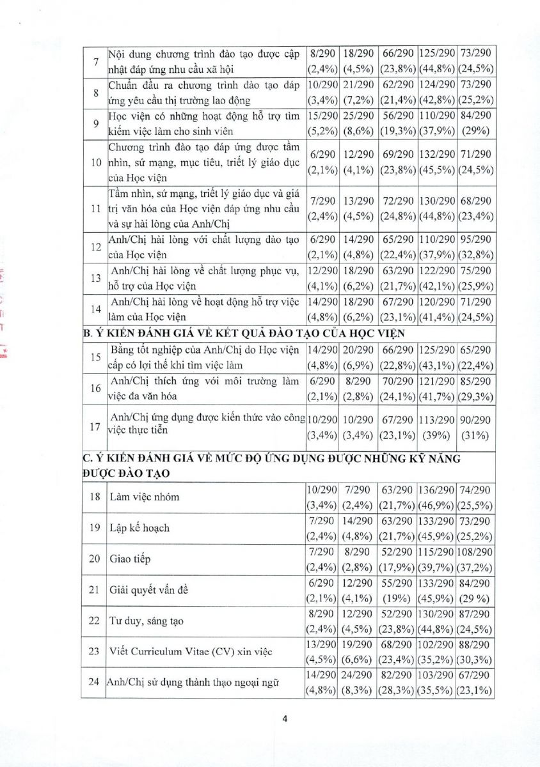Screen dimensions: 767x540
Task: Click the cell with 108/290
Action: tap(475, 552)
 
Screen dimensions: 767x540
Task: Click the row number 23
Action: tap(95, 652)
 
